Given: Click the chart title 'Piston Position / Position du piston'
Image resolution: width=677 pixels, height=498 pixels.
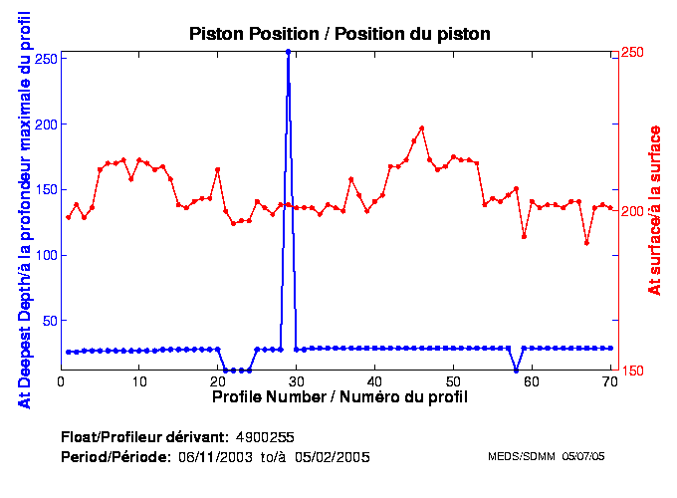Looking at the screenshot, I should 339,34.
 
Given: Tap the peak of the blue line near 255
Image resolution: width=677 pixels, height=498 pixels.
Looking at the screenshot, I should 288,52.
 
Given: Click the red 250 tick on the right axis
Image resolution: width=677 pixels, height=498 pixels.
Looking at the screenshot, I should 633,52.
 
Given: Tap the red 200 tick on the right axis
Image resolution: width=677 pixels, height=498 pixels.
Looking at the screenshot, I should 633,211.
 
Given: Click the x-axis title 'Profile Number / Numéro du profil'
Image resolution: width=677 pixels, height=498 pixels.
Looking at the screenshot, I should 339,396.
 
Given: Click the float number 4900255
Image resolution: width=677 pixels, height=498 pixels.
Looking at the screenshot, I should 264,437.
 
